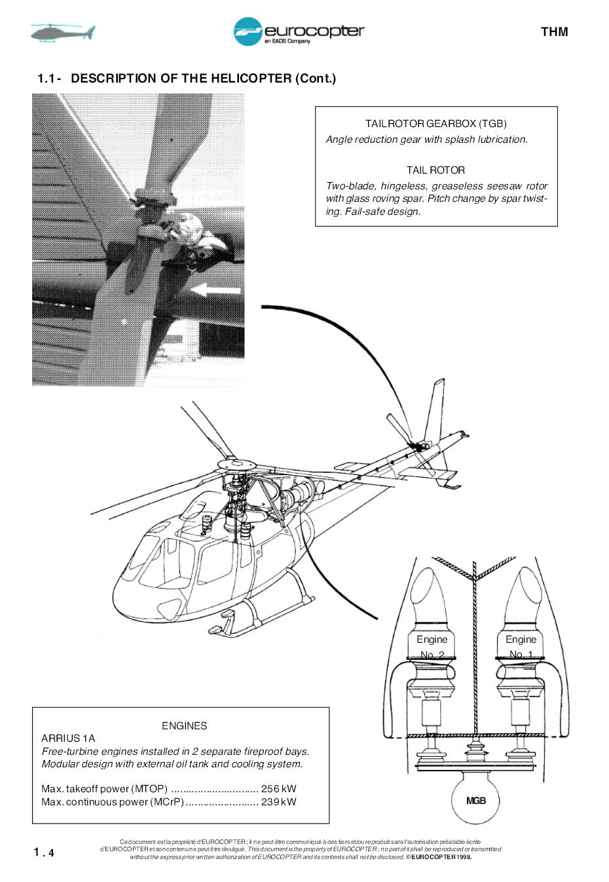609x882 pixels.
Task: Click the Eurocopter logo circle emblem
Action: (248, 31)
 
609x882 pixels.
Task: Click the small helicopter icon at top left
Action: (63, 32)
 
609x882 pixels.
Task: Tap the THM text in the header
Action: (554, 32)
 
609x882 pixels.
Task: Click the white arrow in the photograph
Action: (216, 290)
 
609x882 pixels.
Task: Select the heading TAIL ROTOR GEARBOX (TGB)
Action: (435, 123)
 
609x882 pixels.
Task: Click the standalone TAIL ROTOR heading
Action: (435, 170)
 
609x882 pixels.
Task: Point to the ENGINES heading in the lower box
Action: (184, 725)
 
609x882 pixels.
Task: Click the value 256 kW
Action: (278, 789)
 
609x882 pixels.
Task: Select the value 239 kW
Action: (278, 802)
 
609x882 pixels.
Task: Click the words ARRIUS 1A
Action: (68, 738)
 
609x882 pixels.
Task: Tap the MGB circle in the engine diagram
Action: (476, 800)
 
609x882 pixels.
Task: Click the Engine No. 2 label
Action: (432, 647)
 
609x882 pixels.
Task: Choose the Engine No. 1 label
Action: (521, 647)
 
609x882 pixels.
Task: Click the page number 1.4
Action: (45, 852)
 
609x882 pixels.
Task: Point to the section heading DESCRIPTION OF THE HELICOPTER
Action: (203, 79)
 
